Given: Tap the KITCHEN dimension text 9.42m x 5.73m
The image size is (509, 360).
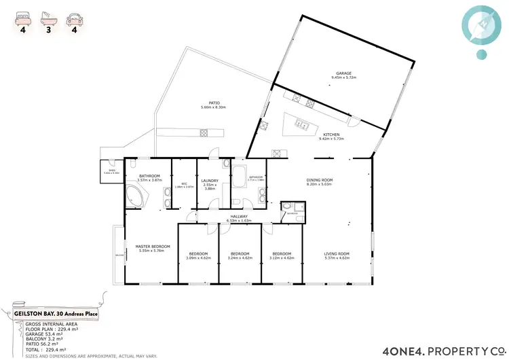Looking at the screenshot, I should (x=332, y=139).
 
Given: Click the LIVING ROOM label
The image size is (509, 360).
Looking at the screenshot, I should (x=337, y=254).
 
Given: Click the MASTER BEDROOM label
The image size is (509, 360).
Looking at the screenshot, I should (x=152, y=247).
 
